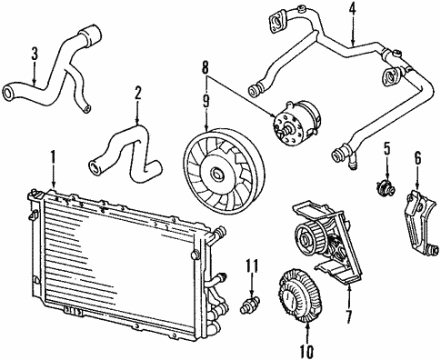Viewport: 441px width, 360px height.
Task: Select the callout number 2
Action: click(138, 92)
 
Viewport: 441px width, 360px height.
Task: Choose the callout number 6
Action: click(418, 157)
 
